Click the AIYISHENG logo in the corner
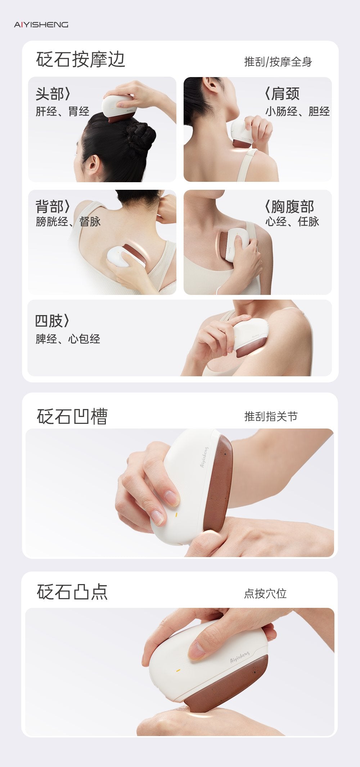tap(41, 24)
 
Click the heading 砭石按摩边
tap(80, 59)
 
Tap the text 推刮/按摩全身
tap(278, 62)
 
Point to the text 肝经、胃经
tap(62, 111)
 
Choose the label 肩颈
tap(282, 94)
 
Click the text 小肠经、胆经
tap(297, 111)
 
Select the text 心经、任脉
tap(292, 221)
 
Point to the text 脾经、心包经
tap(68, 339)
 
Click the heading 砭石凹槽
tap(72, 417)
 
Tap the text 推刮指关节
tap(271, 417)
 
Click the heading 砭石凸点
tap(72, 592)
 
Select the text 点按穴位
tap(265, 593)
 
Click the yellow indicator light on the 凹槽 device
tap(176, 515)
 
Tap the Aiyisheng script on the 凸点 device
tap(239, 657)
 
